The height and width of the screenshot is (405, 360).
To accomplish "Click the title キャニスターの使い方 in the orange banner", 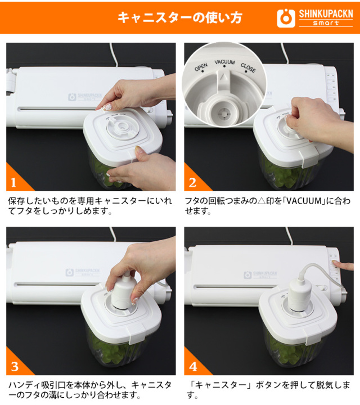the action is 180,18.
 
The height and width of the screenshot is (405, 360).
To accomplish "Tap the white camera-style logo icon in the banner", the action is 286,19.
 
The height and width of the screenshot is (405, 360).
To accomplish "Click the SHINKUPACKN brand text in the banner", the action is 326,14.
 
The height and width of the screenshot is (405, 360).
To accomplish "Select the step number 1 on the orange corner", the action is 13,183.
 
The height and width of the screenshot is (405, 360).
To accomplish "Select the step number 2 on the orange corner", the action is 192,183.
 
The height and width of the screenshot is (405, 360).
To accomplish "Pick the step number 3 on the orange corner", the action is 15,367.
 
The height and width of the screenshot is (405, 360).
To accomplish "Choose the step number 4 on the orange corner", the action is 193,367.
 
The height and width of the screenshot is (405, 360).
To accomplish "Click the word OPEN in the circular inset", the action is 201,67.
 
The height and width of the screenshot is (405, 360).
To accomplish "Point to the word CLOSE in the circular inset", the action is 248,67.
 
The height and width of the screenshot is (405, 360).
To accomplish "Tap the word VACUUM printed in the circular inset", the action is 224,62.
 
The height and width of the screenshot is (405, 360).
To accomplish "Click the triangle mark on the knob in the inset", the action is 224,76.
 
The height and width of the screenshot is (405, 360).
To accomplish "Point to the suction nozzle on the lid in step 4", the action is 300,295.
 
